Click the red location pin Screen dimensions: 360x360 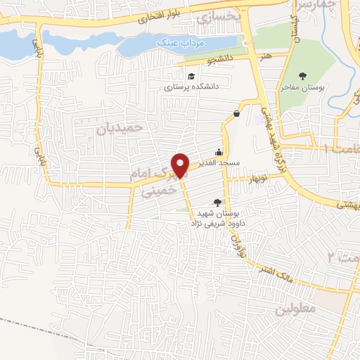click(181, 165)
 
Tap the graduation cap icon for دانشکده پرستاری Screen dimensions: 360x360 click(191, 77)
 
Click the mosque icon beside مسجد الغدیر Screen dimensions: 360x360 click(219, 152)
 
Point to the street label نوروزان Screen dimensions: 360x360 click(236, 243)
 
